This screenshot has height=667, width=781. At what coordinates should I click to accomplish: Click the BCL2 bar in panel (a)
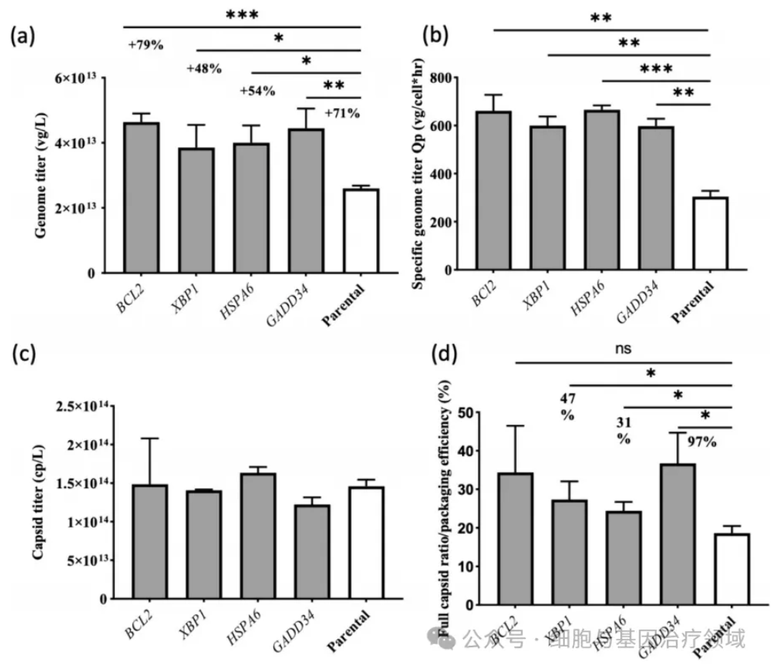pyautogui.click(x=141, y=198)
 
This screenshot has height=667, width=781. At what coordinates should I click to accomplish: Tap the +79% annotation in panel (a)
pyautogui.click(x=145, y=44)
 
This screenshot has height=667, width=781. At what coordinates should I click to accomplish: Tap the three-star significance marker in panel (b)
pyautogui.click(x=656, y=69)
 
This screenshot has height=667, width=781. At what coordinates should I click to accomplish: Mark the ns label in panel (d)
pyautogui.click(x=622, y=349)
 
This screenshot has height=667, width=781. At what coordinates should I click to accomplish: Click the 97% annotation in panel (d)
pyautogui.click(x=702, y=442)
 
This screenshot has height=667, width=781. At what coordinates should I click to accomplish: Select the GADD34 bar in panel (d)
pyautogui.click(x=677, y=534)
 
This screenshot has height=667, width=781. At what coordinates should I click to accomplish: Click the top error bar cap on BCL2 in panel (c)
pyautogui.click(x=149, y=439)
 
